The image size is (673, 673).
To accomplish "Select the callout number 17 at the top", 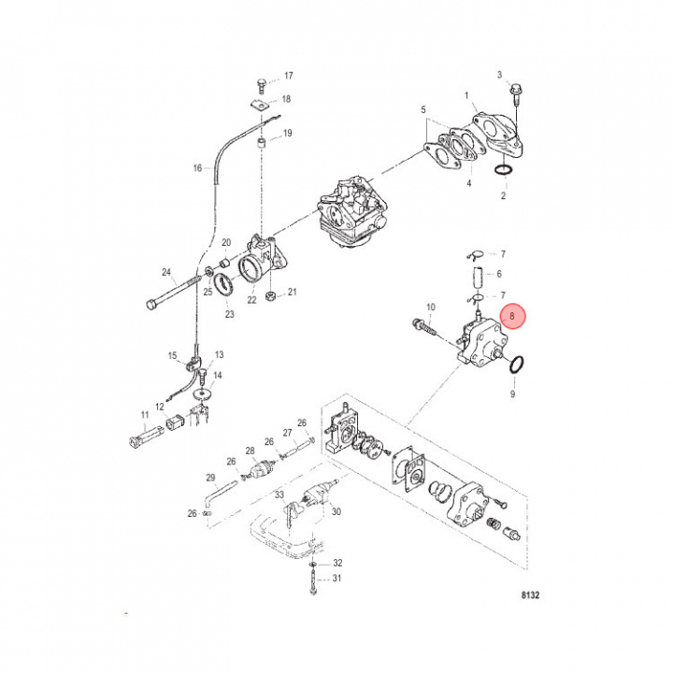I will point(288,76).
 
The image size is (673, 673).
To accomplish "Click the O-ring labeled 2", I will point(502,171).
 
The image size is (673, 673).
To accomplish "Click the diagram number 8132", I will point(532,594).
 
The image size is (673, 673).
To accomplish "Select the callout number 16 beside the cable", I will point(197,169).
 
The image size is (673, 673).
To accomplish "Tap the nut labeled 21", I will point(269,298).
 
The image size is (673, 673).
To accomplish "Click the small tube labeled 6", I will point(475,277).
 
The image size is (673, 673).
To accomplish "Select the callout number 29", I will point(211,478).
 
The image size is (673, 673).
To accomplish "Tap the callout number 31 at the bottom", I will point(338,578).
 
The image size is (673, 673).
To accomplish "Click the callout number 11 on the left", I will point(145,414).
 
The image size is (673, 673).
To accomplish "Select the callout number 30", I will point(336,511).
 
